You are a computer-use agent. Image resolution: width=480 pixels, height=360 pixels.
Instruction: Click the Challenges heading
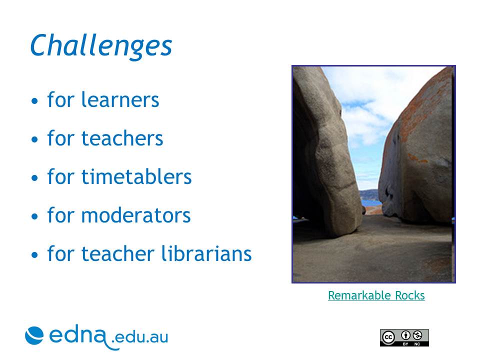coord(101,46)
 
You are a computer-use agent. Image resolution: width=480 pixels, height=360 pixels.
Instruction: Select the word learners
coord(120,99)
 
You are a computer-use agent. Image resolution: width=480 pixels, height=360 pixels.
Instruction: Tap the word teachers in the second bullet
coord(122,138)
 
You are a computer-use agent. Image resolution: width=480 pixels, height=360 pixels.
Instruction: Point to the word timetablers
coord(136,176)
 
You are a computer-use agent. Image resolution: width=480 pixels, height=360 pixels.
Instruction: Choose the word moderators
coord(136,215)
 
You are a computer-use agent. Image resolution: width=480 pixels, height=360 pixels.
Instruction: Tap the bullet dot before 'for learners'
coord(34,100)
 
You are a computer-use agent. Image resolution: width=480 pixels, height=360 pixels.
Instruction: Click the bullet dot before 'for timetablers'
coord(34,178)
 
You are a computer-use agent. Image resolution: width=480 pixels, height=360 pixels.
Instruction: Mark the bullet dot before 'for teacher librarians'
coord(34,254)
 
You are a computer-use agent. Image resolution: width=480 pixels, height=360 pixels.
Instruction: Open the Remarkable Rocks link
coord(376,295)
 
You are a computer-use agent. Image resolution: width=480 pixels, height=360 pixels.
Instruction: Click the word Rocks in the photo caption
coord(410,295)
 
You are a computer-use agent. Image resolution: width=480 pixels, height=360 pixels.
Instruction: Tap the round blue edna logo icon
coord(34,335)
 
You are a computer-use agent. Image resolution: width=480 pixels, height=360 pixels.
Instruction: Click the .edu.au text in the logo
coord(140,337)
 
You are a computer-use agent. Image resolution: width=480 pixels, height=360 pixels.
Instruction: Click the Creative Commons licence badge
coord(404,337)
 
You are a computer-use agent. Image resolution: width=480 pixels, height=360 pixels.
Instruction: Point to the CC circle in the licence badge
coord(388,337)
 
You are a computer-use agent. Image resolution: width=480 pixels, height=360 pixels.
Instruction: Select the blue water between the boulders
coord(371,202)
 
